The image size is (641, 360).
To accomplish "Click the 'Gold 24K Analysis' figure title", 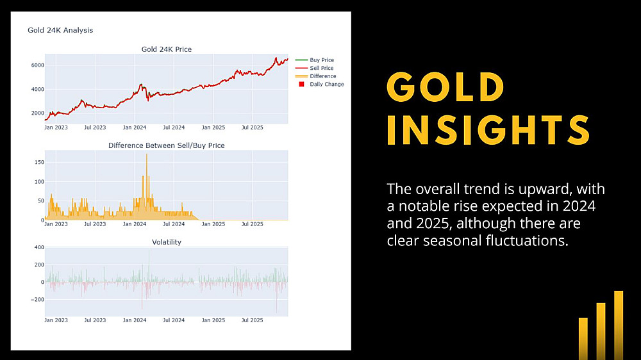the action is click(60, 30).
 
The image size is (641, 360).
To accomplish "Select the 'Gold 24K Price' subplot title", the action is click(167, 49).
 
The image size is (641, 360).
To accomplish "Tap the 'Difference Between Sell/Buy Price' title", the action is click(167, 145).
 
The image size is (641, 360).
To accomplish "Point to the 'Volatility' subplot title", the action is click(167, 242).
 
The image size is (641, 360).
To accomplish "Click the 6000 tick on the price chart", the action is click(38, 65).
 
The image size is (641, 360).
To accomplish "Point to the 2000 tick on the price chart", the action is click(38, 113).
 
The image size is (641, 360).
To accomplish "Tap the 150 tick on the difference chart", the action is click(39, 162).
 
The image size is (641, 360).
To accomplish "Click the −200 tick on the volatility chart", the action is click(37, 300).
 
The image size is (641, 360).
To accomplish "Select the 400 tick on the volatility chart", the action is click(39, 247).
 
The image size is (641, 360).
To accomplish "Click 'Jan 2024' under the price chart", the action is click(135, 127).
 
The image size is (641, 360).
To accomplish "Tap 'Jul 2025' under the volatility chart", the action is click(252, 320).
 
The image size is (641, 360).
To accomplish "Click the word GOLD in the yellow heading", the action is click(446, 87).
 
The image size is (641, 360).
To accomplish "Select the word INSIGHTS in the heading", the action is click(489, 130).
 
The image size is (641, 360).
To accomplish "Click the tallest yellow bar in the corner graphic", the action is click(619, 325).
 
